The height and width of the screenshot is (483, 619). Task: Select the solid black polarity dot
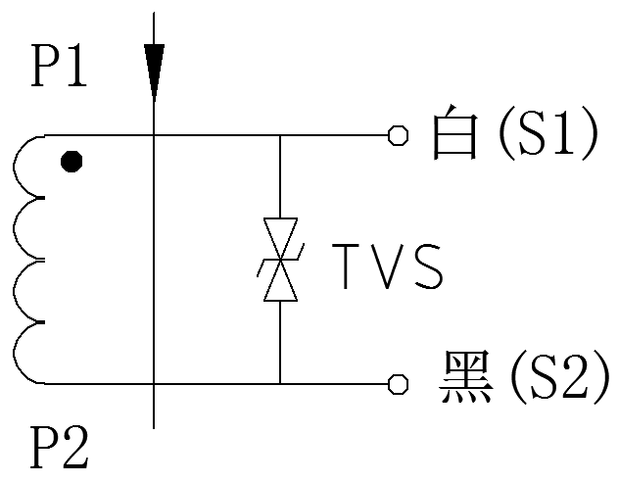[x=70, y=162]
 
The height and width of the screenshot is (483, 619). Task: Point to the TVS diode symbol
[x=280, y=260]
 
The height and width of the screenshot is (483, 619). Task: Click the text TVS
[x=388, y=265]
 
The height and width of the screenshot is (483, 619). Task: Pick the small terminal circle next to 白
[x=398, y=135]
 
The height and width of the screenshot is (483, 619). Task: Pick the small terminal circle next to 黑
[x=398, y=382]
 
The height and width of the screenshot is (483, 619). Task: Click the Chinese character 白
[x=455, y=136]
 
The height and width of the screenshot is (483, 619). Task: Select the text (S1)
[x=547, y=136]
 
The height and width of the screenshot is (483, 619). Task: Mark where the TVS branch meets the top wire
[x=280, y=135]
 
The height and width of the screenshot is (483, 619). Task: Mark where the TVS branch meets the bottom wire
[x=280, y=382]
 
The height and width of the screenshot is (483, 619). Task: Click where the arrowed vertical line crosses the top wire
[x=154, y=135]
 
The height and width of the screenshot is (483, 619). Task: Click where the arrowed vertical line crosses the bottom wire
[x=154, y=382]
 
